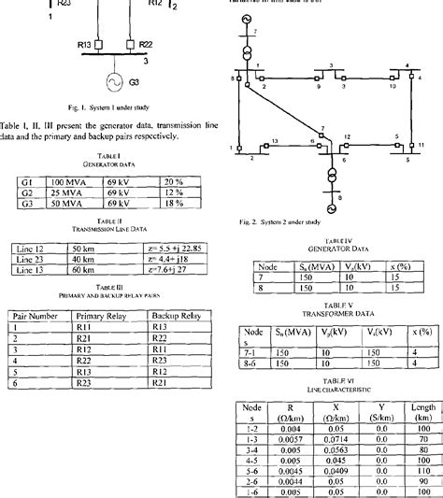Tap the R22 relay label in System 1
[x=146, y=44]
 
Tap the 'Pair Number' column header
[x=38, y=317]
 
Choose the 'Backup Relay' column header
[x=178, y=317]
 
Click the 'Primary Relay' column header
[x=106, y=317]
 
